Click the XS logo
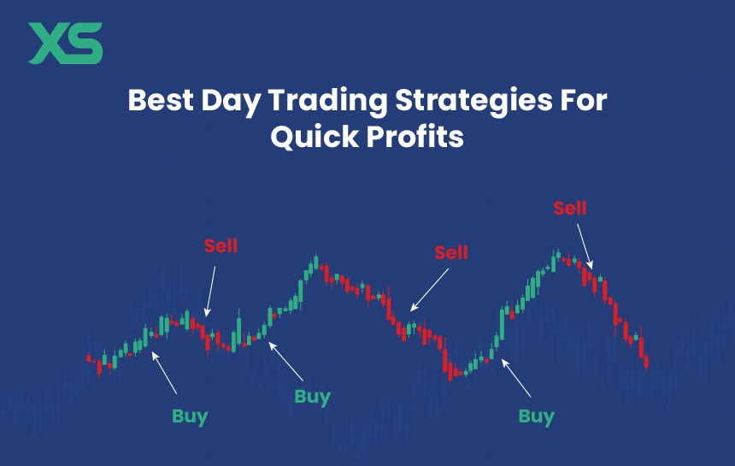point(65,44)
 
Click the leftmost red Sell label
point(220,246)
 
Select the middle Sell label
point(451,252)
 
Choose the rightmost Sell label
point(570,208)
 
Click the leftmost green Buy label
point(190,416)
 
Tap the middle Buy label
point(312,397)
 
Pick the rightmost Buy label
point(536,417)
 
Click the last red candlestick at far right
point(646,362)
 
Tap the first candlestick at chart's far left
point(89,358)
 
